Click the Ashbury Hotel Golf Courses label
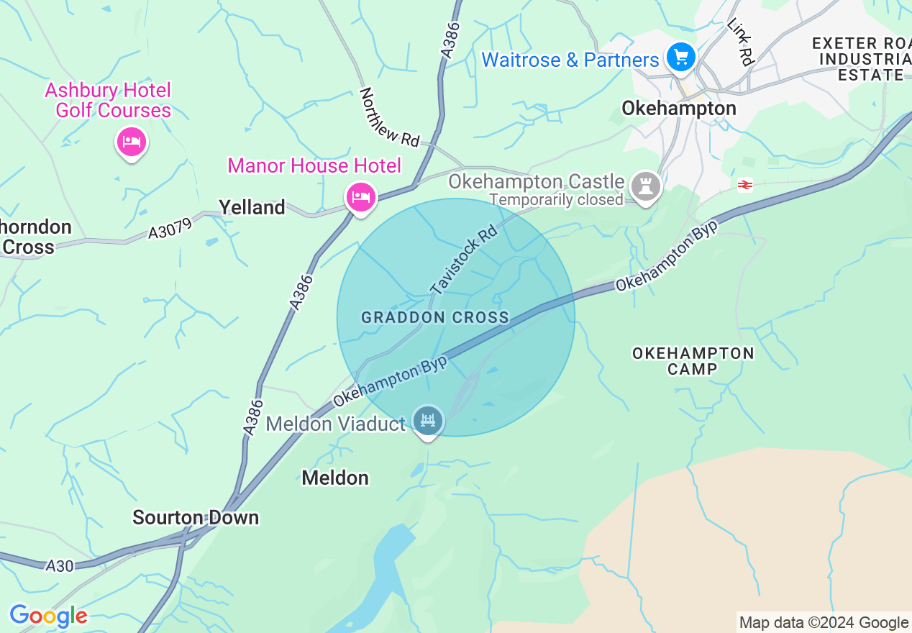(108, 100)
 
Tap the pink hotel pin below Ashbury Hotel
(132, 142)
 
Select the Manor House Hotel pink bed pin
(360, 196)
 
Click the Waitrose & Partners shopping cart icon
(680, 57)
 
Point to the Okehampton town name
(678, 109)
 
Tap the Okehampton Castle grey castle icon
(645, 186)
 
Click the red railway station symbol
(745, 185)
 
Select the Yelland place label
(252, 208)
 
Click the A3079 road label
(170, 229)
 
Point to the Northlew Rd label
(389, 117)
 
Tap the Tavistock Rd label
(464, 260)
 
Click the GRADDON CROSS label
(435, 317)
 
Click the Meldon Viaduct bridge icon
(428, 419)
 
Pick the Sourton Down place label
(196, 518)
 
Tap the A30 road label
(60, 566)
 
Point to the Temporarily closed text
(556, 199)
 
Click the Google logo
(48, 616)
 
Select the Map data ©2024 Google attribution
(824, 623)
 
